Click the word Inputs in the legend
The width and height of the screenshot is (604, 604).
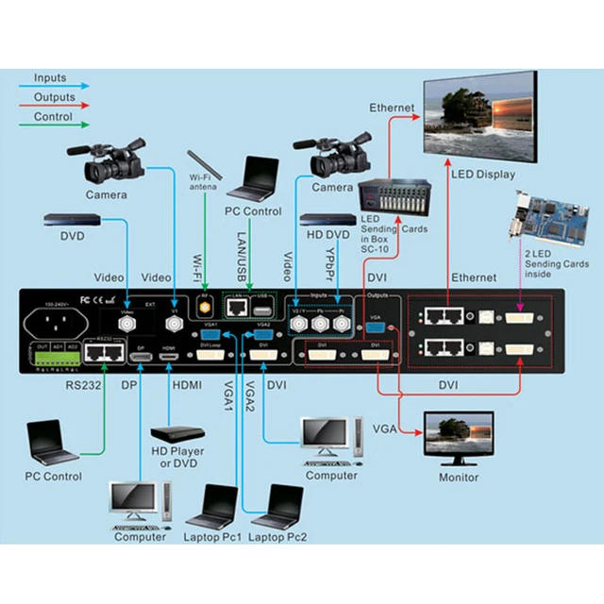click(50, 78)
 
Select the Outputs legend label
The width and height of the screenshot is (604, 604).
click(55, 96)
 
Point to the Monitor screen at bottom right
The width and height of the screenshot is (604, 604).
click(458, 434)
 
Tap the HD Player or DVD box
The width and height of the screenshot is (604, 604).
click(177, 434)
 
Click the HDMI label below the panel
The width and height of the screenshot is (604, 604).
click(185, 385)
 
